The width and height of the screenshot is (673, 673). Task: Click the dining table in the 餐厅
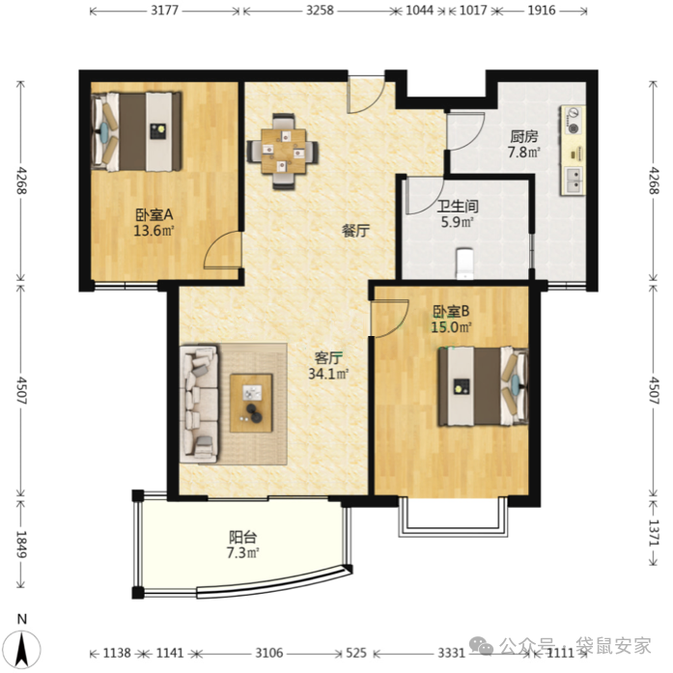283,152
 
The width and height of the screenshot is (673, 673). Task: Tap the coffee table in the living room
251,403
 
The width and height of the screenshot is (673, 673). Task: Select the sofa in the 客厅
199,404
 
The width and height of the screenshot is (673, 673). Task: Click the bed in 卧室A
136,131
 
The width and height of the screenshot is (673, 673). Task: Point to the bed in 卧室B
483,386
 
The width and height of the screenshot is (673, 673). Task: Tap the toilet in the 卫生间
464,263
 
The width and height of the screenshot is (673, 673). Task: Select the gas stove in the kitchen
573,120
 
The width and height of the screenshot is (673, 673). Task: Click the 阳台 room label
243,537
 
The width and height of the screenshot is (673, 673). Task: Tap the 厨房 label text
523,137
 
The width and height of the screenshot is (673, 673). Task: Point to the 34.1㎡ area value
328,374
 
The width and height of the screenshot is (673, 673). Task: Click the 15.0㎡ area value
452,327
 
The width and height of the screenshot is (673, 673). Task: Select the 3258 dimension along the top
320,11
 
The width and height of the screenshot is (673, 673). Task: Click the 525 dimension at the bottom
356,654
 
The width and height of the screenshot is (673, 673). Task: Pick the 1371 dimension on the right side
654,532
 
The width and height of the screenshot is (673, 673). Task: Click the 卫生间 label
458,207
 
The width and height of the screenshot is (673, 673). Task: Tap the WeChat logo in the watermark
481,646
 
